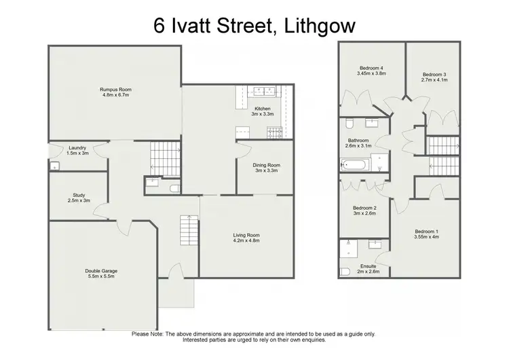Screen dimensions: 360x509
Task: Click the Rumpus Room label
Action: (x=115, y=90)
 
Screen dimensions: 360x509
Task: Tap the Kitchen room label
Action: (x=263, y=109)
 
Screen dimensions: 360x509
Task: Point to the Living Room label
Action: (x=246, y=235)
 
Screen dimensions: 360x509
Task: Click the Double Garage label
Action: (x=101, y=271)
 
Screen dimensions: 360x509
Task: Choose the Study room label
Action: (x=78, y=195)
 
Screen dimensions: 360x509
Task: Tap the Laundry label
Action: (x=77, y=147)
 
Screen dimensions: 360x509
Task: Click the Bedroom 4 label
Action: (x=372, y=68)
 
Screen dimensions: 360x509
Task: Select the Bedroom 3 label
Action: (x=434, y=74)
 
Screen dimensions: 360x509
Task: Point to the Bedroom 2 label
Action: (x=364, y=208)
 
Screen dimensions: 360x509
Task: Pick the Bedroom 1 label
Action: (x=427, y=232)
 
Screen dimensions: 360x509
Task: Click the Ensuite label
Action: (x=369, y=266)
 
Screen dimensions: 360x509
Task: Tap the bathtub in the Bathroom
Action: (x=355, y=164)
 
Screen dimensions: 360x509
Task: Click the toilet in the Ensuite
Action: (x=344, y=270)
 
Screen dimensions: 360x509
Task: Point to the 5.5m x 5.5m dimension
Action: (x=101, y=277)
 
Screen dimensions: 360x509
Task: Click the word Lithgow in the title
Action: (x=320, y=26)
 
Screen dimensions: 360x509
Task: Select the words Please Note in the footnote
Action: (x=148, y=334)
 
